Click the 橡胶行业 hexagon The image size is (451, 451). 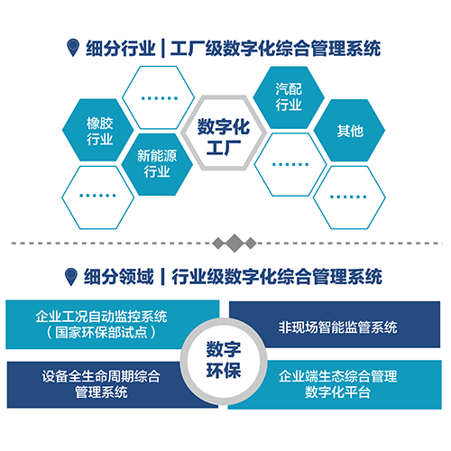98,130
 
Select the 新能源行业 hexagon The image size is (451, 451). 157,164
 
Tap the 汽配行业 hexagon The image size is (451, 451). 289,97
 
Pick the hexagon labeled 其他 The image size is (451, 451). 349,131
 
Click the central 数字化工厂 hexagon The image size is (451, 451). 224,133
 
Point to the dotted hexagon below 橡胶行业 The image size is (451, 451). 98,198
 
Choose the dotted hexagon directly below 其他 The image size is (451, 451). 349,198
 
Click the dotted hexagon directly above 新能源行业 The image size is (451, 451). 159,97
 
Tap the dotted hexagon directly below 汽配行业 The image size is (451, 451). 290,164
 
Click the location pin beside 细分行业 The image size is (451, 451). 73,48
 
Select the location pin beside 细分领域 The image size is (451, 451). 71,277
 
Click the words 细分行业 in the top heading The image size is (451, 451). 121,48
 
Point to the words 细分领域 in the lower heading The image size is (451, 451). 119,277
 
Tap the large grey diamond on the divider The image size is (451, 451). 235,243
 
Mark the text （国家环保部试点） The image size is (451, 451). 101,333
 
